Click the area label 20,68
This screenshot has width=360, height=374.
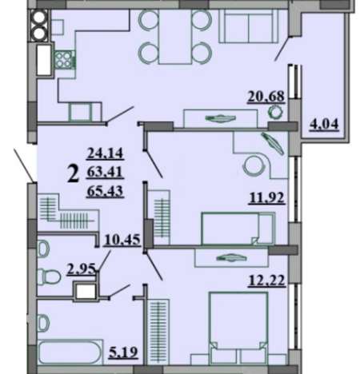click(x=266, y=96)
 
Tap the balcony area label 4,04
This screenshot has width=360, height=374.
click(x=324, y=124)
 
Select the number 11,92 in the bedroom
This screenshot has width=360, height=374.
click(x=267, y=198)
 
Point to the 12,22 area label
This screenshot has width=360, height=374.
click(x=267, y=280)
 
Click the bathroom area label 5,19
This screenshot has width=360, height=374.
click(x=123, y=352)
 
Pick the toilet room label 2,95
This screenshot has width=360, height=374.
click(x=81, y=269)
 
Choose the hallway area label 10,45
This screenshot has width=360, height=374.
click(x=122, y=240)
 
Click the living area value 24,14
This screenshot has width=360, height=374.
click(x=105, y=153)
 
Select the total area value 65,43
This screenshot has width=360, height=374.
click(x=105, y=191)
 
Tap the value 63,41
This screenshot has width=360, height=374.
click(x=105, y=172)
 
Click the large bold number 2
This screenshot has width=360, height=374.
click(x=74, y=173)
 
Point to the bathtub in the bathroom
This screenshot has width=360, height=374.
click(x=70, y=352)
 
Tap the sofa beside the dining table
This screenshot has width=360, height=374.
click(x=249, y=26)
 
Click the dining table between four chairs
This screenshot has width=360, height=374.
click(x=175, y=37)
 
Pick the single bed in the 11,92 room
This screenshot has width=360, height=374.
click(x=238, y=229)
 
